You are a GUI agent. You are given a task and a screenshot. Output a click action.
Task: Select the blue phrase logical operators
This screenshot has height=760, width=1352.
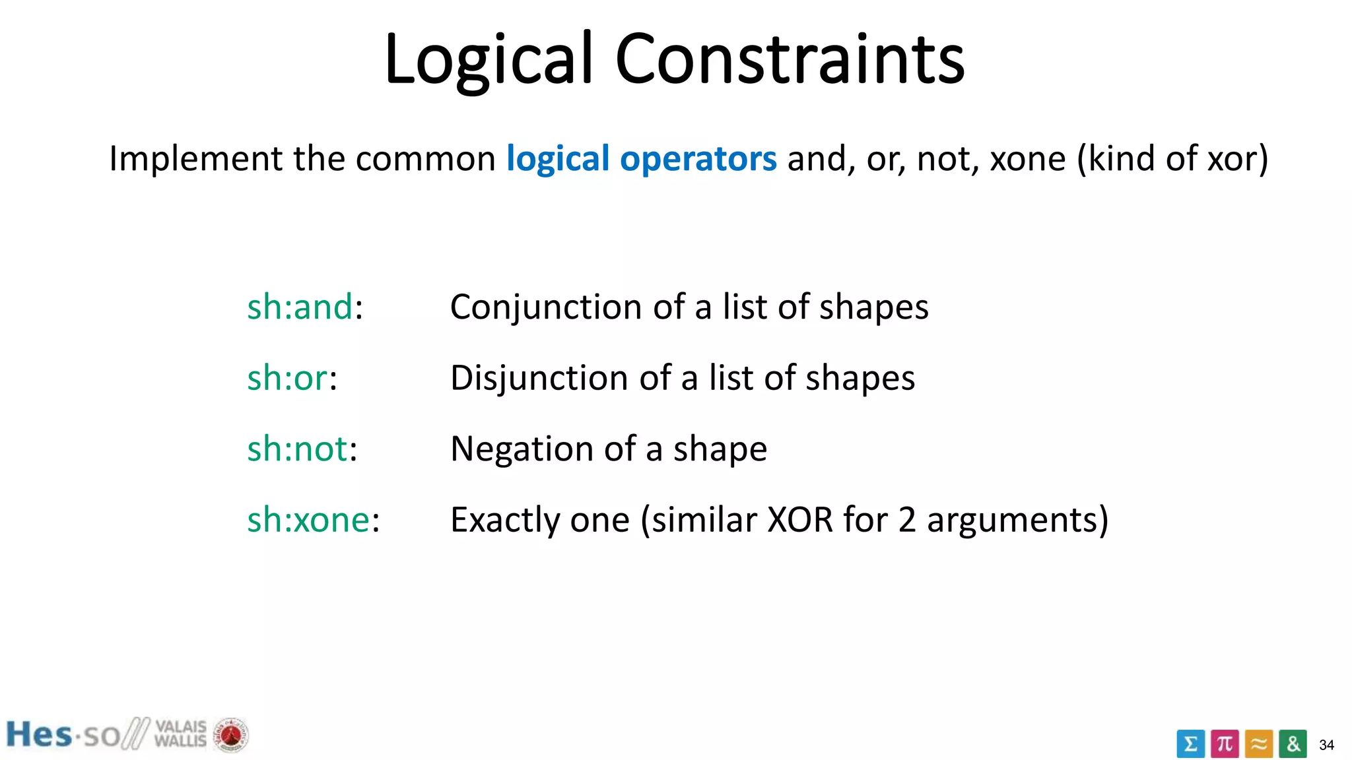pyautogui.click(x=641, y=158)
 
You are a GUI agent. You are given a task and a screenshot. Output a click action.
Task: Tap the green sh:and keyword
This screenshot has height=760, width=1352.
pyautogui.click(x=300, y=307)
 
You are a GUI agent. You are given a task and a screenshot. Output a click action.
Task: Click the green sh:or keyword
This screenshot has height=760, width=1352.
pyautogui.click(x=287, y=378)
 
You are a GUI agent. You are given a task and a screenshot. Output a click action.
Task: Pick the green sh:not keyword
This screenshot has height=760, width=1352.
pyautogui.click(x=297, y=449)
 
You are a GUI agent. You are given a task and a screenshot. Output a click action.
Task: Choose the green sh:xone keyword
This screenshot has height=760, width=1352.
pyautogui.click(x=308, y=520)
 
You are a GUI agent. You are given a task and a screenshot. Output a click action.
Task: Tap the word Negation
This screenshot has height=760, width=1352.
pyautogui.click(x=522, y=449)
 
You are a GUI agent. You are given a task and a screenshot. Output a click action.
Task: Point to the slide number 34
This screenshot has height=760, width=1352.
pyautogui.click(x=1326, y=745)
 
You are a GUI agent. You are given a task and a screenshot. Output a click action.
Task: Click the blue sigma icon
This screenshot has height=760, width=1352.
pyautogui.click(x=1190, y=744)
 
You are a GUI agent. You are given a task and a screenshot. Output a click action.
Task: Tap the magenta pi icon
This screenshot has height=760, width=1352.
pyautogui.click(x=1225, y=744)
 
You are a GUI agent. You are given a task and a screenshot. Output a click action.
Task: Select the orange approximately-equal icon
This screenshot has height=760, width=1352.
pyautogui.click(x=1259, y=744)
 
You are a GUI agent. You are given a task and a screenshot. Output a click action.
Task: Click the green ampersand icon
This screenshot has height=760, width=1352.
pyautogui.click(x=1293, y=744)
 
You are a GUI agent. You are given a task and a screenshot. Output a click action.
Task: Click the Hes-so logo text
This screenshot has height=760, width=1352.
pyautogui.click(x=63, y=735)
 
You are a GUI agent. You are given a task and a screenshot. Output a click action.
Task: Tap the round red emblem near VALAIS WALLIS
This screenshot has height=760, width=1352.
pyautogui.click(x=230, y=735)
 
